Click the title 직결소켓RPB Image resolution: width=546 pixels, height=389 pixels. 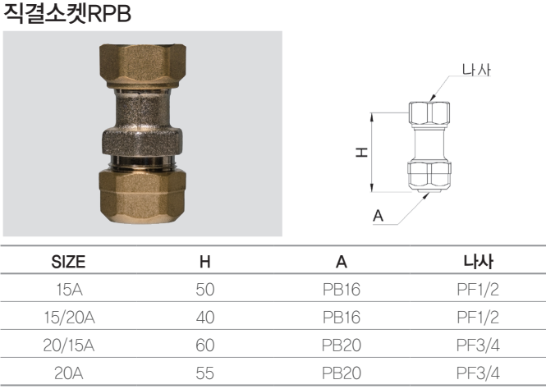click(67, 15)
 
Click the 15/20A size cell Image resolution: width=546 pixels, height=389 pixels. click(68, 318)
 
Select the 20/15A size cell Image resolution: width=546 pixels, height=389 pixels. click(68, 346)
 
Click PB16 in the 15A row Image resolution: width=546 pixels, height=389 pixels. click(342, 290)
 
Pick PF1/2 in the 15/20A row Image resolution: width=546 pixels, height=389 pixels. click(478, 318)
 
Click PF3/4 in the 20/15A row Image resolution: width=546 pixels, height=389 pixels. click(478, 346)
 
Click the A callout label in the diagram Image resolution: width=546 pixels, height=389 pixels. click(379, 216)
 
